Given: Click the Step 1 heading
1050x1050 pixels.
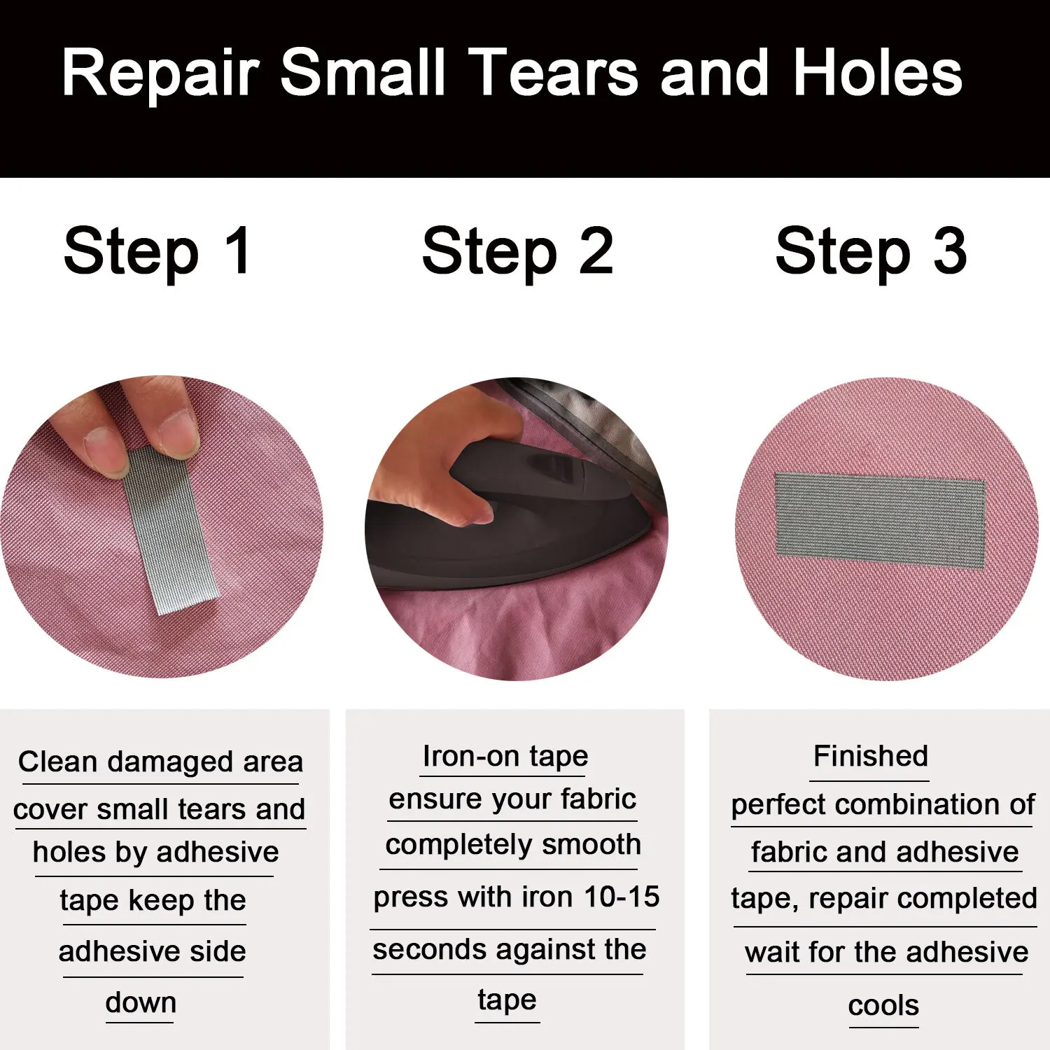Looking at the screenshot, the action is click(x=157, y=253).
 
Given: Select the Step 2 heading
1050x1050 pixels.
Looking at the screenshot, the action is click(x=518, y=253).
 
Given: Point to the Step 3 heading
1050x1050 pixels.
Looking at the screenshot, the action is click(x=871, y=253).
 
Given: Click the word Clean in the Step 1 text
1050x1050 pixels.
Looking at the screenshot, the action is click(x=59, y=761).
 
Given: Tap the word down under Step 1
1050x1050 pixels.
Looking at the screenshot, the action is click(x=141, y=1002).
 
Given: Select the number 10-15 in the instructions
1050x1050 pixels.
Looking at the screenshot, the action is click(x=622, y=897).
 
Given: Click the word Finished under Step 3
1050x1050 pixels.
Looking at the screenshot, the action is click(x=871, y=756).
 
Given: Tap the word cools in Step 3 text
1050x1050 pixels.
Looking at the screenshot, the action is click(x=883, y=1005).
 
